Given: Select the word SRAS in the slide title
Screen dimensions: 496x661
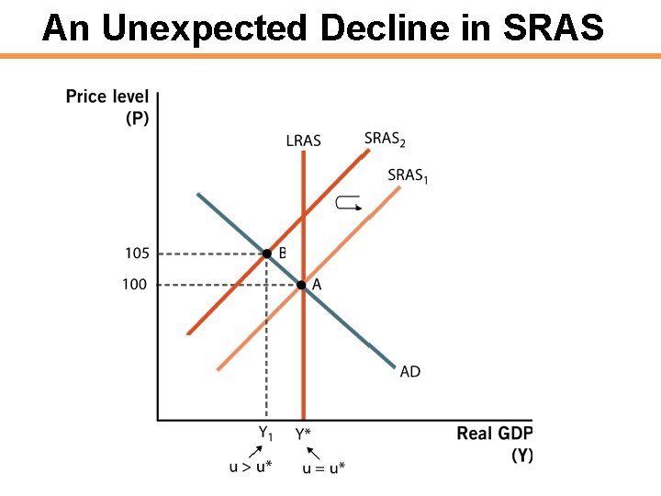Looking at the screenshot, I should [553, 28].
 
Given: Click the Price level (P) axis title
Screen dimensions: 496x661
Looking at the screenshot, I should [107, 107].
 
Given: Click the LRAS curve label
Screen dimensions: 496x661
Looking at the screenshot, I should [303, 141].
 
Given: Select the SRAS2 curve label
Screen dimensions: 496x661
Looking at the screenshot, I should [385, 139].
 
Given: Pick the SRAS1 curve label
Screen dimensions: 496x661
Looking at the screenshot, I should [408, 175].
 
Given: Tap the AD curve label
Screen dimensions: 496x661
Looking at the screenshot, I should [410, 371].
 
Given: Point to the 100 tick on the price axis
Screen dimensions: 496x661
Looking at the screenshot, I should [134, 285].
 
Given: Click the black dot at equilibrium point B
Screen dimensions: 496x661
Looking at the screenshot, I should [266, 253].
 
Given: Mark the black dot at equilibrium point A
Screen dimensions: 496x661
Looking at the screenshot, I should [301, 285].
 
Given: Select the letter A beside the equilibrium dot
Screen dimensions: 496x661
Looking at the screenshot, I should [317, 285].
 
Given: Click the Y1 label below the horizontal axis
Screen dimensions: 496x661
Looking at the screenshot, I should [264, 431].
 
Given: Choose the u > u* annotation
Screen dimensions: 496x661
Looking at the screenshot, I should [249, 468].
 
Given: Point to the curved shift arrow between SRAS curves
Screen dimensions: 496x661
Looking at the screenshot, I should [349, 204].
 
